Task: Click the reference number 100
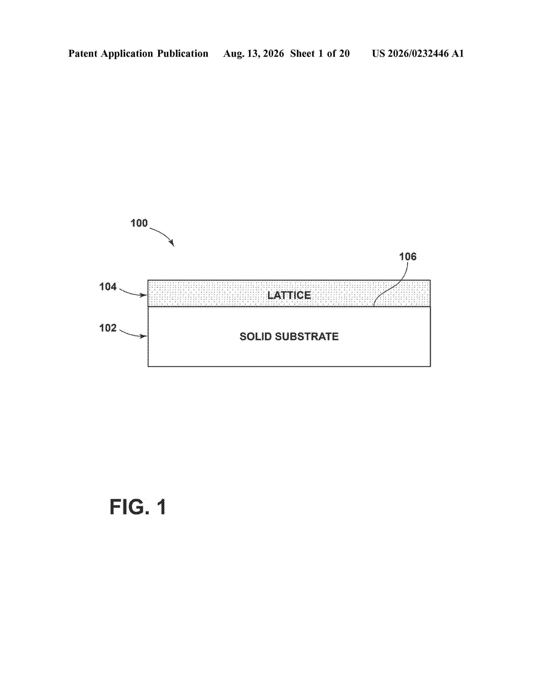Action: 139,223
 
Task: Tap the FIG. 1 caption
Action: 138,507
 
